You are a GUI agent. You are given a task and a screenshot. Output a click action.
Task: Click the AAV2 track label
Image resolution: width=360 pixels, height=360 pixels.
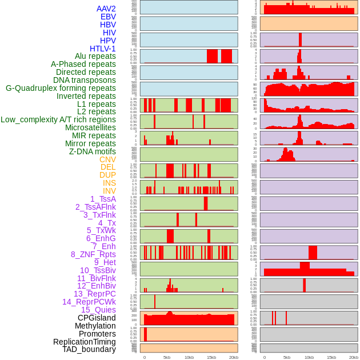click(x=106, y=9)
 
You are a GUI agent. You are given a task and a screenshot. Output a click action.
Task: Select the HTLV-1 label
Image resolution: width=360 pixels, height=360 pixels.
click(x=103, y=49)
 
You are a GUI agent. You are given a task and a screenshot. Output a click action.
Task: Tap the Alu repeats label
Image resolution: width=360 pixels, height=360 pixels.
click(x=95, y=56)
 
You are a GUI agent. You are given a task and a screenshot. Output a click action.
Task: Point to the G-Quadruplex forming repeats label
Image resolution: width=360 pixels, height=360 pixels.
click(x=61, y=88)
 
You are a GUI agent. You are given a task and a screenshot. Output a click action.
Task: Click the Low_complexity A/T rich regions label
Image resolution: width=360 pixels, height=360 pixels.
click(x=58, y=119)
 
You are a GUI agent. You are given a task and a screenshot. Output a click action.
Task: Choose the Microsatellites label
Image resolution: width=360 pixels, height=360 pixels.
click(x=90, y=127)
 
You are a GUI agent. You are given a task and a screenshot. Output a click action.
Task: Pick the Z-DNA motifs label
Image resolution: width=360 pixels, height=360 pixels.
click(x=93, y=151)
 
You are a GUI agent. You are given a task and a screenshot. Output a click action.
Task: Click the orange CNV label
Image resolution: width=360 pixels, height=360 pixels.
click(x=107, y=159)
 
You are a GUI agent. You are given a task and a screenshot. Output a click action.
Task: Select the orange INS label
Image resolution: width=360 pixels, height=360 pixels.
click(x=109, y=183)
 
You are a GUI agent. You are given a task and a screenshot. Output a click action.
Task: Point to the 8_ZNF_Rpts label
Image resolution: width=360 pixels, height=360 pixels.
click(x=93, y=254)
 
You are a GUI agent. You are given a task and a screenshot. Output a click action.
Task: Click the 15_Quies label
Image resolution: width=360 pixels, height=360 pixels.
click(x=98, y=310)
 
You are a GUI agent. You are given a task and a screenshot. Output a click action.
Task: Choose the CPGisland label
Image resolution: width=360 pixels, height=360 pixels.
click(x=97, y=318)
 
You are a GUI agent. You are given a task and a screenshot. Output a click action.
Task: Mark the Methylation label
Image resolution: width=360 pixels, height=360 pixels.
click(x=95, y=326)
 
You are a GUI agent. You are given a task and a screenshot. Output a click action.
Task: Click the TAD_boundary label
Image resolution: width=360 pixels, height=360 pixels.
click(x=89, y=349)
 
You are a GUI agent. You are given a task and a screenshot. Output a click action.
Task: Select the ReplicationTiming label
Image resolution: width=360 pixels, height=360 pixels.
click(x=85, y=342)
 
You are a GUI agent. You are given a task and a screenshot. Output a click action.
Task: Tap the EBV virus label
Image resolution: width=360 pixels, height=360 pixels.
click(x=108, y=17)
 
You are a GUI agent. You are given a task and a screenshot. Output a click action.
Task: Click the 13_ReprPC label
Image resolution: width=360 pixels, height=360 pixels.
click(x=95, y=294)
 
